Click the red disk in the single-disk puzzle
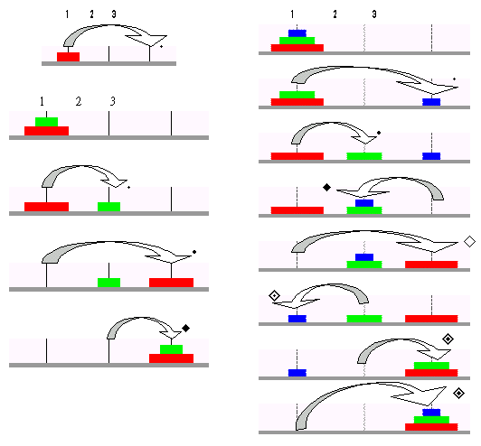pos(68,57)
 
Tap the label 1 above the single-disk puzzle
pos(67,14)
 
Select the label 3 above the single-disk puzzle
pos(114,14)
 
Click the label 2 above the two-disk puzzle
pos(79,101)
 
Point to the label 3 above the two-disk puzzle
pos(113,101)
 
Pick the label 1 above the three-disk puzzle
pos(292,14)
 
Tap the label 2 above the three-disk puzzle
pos(335,14)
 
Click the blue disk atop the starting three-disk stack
pos(297,33)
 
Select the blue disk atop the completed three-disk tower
pos(431,413)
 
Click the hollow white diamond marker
pos(469,241)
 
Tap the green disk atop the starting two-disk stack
pos(47,122)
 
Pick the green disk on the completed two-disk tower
pos(171,349)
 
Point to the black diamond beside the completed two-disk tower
pos(185,329)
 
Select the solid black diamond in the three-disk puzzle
pos(327,187)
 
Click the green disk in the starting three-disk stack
pos(297,41)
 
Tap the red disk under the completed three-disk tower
pos(431,427)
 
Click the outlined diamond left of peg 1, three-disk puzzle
pos(274,295)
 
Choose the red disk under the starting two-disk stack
pos(47,131)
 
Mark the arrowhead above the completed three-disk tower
pos(423,395)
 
